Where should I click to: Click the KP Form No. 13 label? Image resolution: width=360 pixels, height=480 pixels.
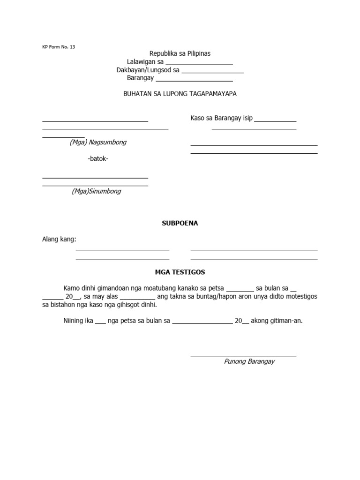pos(59,47)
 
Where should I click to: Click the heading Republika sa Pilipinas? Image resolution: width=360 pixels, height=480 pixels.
pos(180,54)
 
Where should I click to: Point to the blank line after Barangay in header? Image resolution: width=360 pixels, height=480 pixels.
pos(191,81)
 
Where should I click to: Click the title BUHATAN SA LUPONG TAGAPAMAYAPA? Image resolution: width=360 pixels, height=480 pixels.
pos(180,94)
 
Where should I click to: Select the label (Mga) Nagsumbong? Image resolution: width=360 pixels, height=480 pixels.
pos(98,142)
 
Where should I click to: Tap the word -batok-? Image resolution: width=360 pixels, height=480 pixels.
pos(98,159)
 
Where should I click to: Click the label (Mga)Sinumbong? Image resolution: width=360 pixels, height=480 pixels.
pos(97,191)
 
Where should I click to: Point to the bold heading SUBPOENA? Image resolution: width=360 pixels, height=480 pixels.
pos(180,223)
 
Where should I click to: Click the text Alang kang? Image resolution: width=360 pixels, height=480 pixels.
pos(59,240)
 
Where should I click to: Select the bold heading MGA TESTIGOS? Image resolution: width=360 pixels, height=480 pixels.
pos(180,272)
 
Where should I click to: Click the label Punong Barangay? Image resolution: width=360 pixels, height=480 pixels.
pos(249,361)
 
